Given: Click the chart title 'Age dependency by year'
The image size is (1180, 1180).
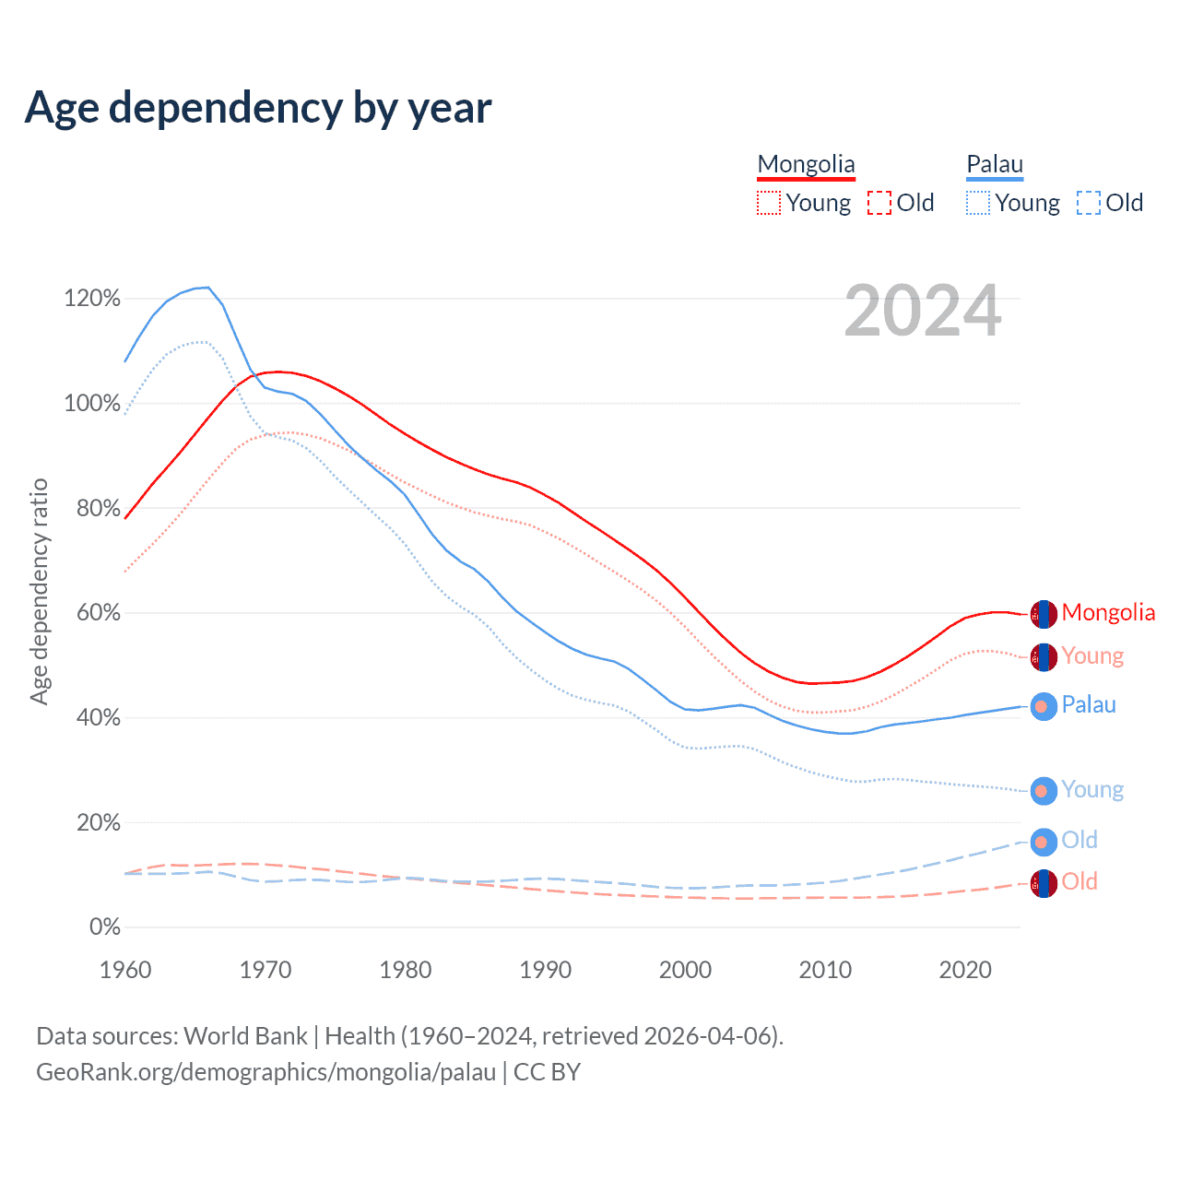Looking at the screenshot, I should (258, 108).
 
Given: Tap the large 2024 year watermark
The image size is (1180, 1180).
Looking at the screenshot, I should (922, 312).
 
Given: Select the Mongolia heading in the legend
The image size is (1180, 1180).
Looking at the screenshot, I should (806, 164).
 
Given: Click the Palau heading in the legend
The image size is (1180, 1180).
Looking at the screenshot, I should (995, 164).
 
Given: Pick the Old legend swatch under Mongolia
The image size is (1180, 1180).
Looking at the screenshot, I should (879, 203).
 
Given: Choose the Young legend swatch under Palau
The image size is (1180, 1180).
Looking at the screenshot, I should (978, 203).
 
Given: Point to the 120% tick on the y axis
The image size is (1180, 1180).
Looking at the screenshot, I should (92, 298).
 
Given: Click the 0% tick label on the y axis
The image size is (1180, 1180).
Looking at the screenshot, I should (104, 926).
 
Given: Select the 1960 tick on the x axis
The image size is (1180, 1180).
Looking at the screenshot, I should (125, 970).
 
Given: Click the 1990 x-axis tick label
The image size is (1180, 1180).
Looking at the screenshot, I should (545, 970).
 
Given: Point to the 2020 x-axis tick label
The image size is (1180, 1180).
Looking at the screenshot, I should (964, 970).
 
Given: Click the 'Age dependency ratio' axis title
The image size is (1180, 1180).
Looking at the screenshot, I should (39, 591).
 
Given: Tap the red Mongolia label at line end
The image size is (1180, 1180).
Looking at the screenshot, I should (1108, 613).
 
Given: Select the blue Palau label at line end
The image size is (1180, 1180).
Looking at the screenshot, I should (1089, 705).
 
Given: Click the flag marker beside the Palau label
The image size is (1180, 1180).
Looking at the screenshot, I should (1043, 706).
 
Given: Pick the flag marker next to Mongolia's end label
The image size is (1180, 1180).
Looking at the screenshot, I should (1043, 614).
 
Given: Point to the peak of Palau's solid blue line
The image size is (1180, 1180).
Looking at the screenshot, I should (207, 288).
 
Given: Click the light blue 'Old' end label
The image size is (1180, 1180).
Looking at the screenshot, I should (1080, 840).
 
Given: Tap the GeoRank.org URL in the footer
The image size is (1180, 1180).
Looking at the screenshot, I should (265, 1072).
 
